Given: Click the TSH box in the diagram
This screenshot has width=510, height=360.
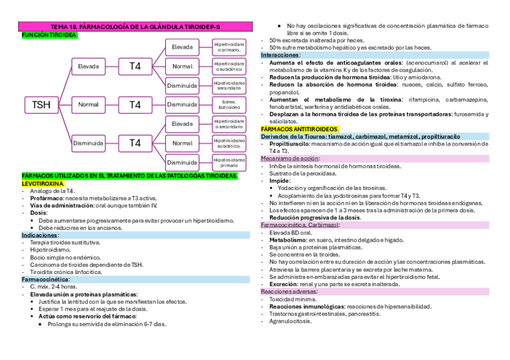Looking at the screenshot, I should tap(41, 105).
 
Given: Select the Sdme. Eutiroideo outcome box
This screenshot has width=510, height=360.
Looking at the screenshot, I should tap(230, 105).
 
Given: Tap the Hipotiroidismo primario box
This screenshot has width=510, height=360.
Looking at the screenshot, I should tap(230, 162).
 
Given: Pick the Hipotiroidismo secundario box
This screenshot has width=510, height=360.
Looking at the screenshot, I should tap(230, 85).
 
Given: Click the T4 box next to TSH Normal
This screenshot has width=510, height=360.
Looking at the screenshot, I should tap(135, 105).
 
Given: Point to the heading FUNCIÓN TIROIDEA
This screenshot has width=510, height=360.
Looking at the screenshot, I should tap(49, 35).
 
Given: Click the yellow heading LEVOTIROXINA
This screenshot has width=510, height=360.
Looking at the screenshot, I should tap(43, 183).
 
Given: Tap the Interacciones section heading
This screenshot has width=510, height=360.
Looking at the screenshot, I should tap(280, 55).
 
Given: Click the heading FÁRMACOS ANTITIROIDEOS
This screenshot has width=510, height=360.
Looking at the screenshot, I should tap(300, 129).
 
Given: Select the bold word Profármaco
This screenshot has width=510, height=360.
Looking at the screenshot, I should tap(46, 198).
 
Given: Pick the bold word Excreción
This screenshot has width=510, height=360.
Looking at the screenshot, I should tap(284, 284).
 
